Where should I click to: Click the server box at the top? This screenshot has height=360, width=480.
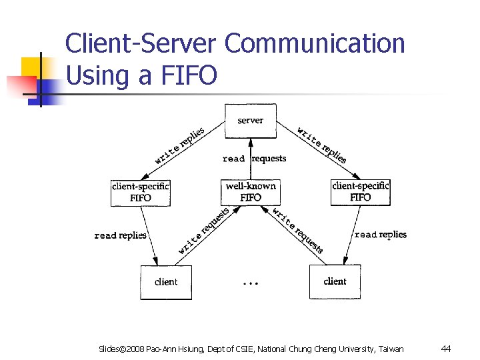click(250, 121)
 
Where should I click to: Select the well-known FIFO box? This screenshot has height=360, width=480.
click(250, 191)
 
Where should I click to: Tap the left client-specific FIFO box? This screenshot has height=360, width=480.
click(141, 192)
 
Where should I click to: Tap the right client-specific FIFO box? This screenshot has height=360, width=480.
click(360, 192)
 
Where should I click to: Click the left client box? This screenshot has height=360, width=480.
click(166, 282)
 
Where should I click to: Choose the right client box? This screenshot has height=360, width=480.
click(335, 281)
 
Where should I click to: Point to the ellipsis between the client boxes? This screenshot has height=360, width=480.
click(250, 283)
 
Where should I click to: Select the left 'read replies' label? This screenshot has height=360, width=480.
click(121, 235)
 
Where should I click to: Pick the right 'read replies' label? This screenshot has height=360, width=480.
click(381, 235)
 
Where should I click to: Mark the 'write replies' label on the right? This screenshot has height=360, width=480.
click(321, 145)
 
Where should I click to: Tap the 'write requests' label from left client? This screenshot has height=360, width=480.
click(203, 231)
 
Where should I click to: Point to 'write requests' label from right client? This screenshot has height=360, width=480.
click(298, 230)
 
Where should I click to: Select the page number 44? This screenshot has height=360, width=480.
click(446, 349)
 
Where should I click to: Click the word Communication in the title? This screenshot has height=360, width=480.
click(315, 43)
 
